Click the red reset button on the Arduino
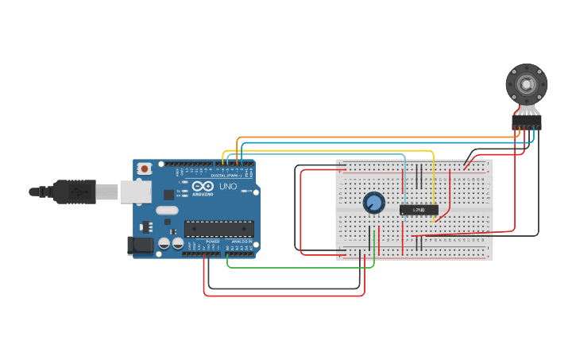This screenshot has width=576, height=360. tap(145, 168)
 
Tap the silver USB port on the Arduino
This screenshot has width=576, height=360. tap(136, 192)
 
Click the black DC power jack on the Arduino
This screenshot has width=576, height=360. tap(141, 246)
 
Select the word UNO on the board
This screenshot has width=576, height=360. tap(228, 187)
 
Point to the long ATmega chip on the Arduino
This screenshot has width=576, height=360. tap(219, 229)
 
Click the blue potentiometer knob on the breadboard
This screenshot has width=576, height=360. tap(373, 203)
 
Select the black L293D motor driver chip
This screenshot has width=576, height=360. tap(419, 210)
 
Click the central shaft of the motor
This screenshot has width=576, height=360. tap(526, 83)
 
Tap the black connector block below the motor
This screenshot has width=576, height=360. tap(526, 122)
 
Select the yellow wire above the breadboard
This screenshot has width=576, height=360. tap(334, 150)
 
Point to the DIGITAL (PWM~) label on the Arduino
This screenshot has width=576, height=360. tap(227, 175)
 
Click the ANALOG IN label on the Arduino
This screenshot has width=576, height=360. tap(241, 241)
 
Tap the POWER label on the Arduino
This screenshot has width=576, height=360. tap(212, 241)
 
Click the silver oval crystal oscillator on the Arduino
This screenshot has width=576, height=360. tap(167, 211)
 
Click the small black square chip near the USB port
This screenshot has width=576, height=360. tap(168, 194)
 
